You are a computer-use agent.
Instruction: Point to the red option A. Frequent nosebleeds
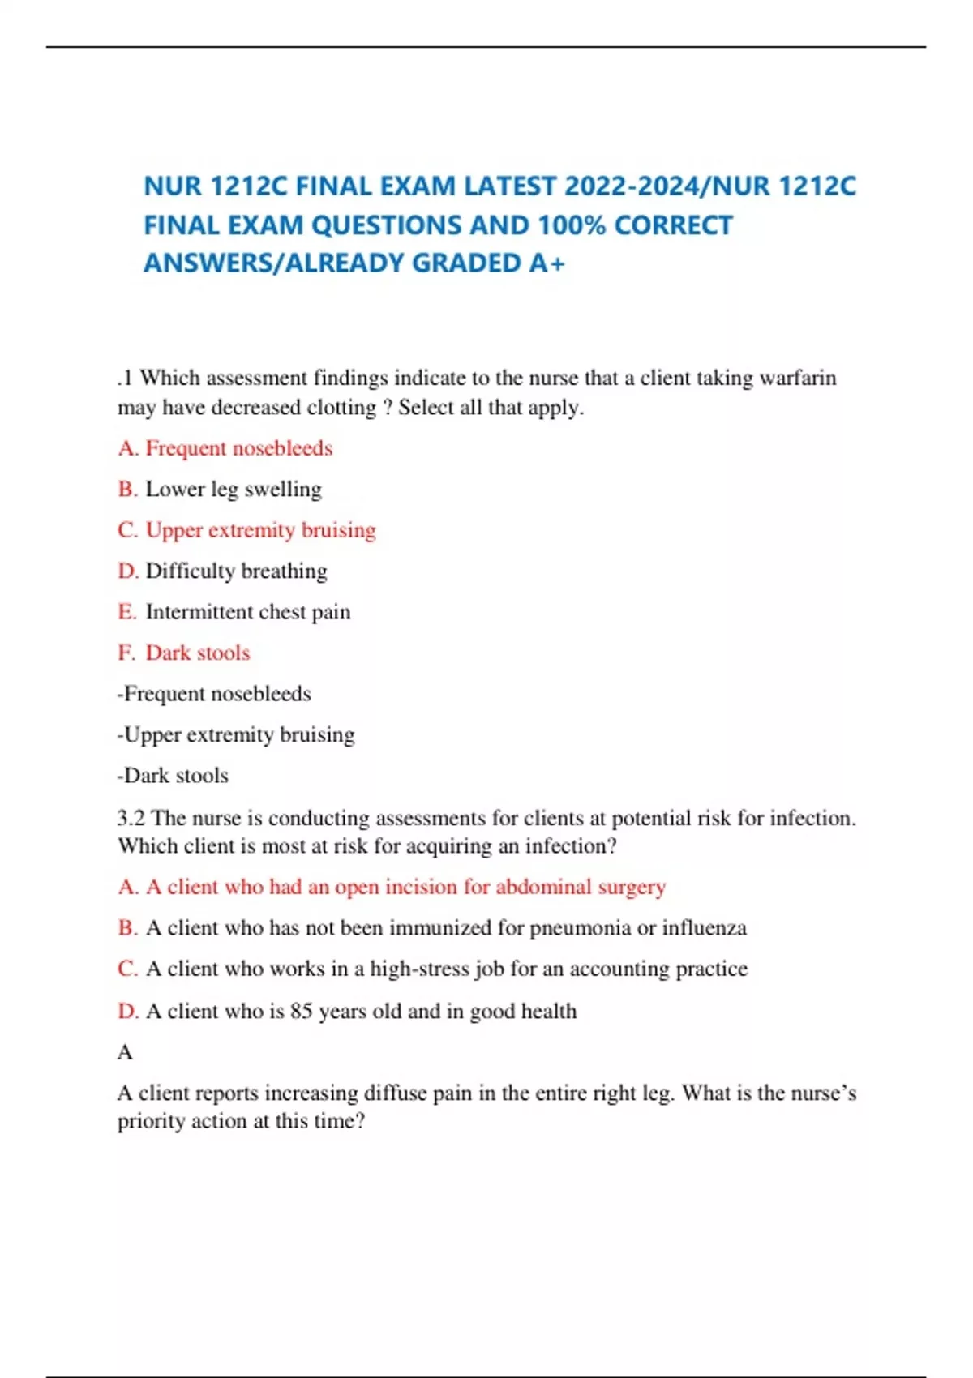(225, 448)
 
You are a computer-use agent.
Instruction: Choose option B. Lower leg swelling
(220, 490)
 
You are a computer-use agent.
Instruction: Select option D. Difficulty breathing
(223, 571)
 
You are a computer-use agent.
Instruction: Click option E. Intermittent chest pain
(234, 612)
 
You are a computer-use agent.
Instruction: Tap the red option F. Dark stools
(184, 653)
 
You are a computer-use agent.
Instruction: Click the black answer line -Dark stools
(173, 776)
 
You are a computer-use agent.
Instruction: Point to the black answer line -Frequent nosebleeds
(214, 694)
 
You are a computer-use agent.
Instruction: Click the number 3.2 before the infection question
(131, 818)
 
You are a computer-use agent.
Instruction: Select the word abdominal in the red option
(543, 887)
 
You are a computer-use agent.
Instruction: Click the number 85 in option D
(302, 1012)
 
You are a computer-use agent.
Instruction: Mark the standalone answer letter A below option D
(125, 1052)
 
